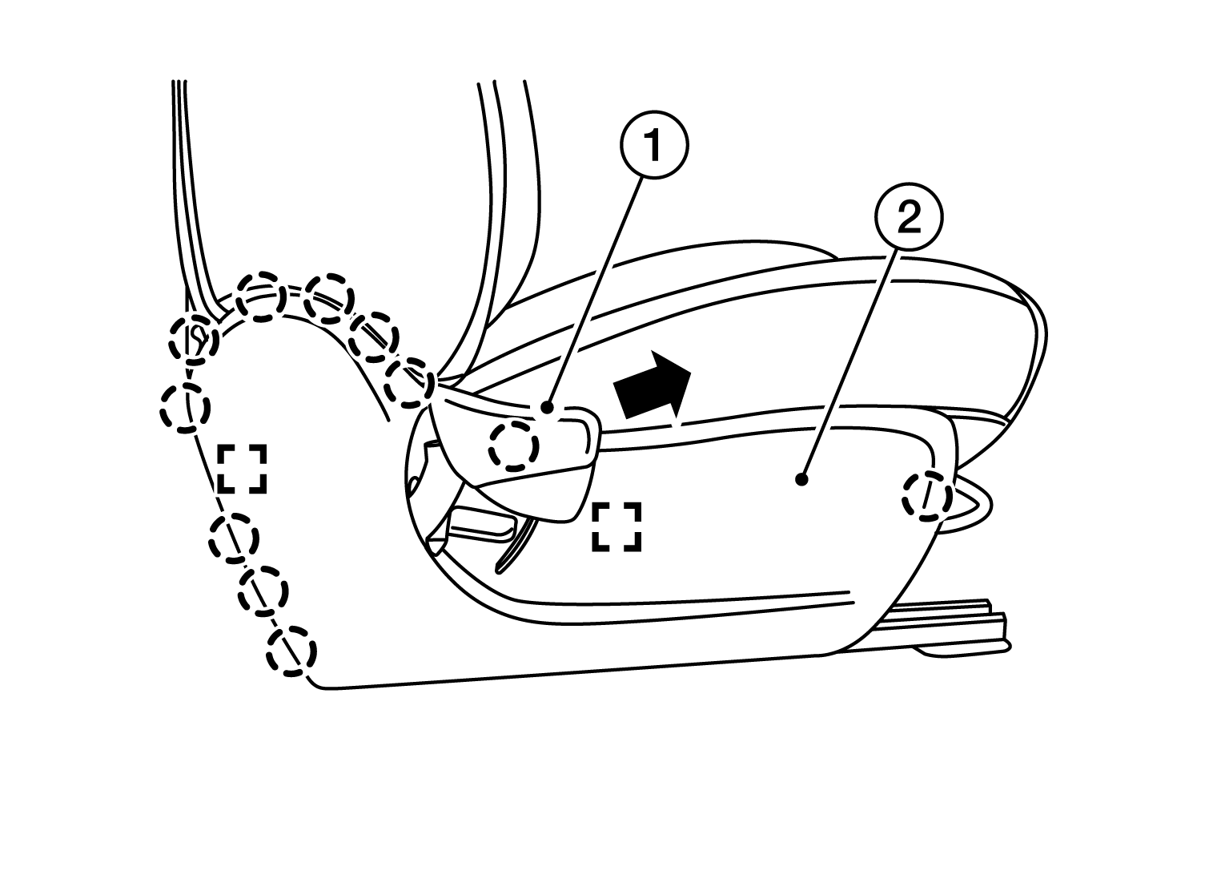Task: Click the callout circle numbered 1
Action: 654,145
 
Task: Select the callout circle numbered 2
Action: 909,217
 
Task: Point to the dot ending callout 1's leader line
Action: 547,408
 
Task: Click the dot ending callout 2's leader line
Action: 801,479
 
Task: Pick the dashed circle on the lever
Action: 513,446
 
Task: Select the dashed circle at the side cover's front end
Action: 927,496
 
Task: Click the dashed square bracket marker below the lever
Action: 617,526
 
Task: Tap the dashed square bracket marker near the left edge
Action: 242,469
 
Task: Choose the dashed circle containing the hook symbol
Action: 193,340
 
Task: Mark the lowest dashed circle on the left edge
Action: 291,651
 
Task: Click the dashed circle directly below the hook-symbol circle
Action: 185,408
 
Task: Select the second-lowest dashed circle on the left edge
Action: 263,591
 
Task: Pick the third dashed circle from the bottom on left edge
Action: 233,537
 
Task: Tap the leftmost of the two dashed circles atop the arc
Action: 261,296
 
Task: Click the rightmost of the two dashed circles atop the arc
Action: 328,297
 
